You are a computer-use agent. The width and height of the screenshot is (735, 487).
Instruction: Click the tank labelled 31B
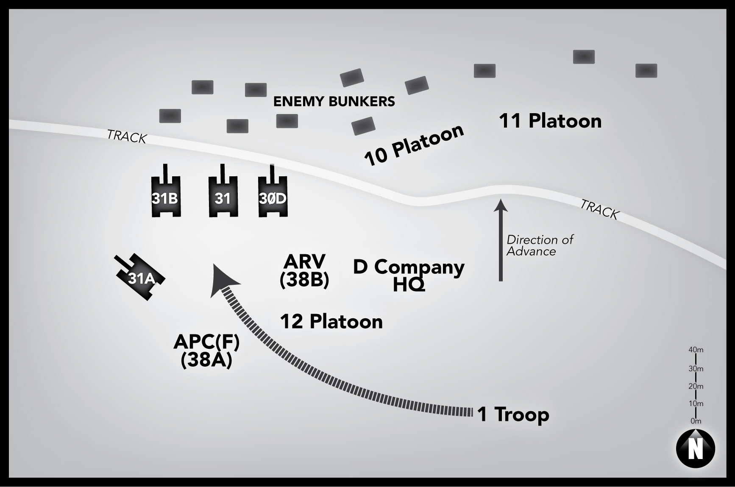tap(166, 198)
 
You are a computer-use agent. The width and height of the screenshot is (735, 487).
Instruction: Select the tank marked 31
tap(223, 198)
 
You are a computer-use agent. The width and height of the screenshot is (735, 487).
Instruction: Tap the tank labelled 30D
tap(273, 198)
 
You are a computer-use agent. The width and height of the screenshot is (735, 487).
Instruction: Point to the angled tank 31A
tap(141, 278)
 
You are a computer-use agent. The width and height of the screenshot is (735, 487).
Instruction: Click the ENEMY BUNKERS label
tap(334, 102)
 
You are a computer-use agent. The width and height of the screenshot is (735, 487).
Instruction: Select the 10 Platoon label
tap(414, 145)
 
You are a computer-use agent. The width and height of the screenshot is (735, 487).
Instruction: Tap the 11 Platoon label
tap(550, 121)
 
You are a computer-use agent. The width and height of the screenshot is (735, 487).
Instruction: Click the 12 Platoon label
tap(331, 322)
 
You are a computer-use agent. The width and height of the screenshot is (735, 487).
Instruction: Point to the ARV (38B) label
tap(304, 270)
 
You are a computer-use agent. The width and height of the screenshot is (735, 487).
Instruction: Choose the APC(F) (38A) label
tap(206, 351)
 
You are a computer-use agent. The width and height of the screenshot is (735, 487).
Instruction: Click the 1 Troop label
tap(513, 414)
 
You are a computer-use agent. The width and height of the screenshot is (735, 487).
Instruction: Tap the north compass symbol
tap(695, 449)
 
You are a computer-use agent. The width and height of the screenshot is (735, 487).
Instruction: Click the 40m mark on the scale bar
tap(696, 350)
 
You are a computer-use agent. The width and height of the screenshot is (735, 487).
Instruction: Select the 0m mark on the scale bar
tap(696, 421)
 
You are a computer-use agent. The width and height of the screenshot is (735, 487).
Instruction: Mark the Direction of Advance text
tap(540, 245)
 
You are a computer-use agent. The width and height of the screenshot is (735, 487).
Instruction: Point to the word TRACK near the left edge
tap(127, 136)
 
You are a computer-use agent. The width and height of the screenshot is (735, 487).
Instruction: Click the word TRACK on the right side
tap(599, 209)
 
